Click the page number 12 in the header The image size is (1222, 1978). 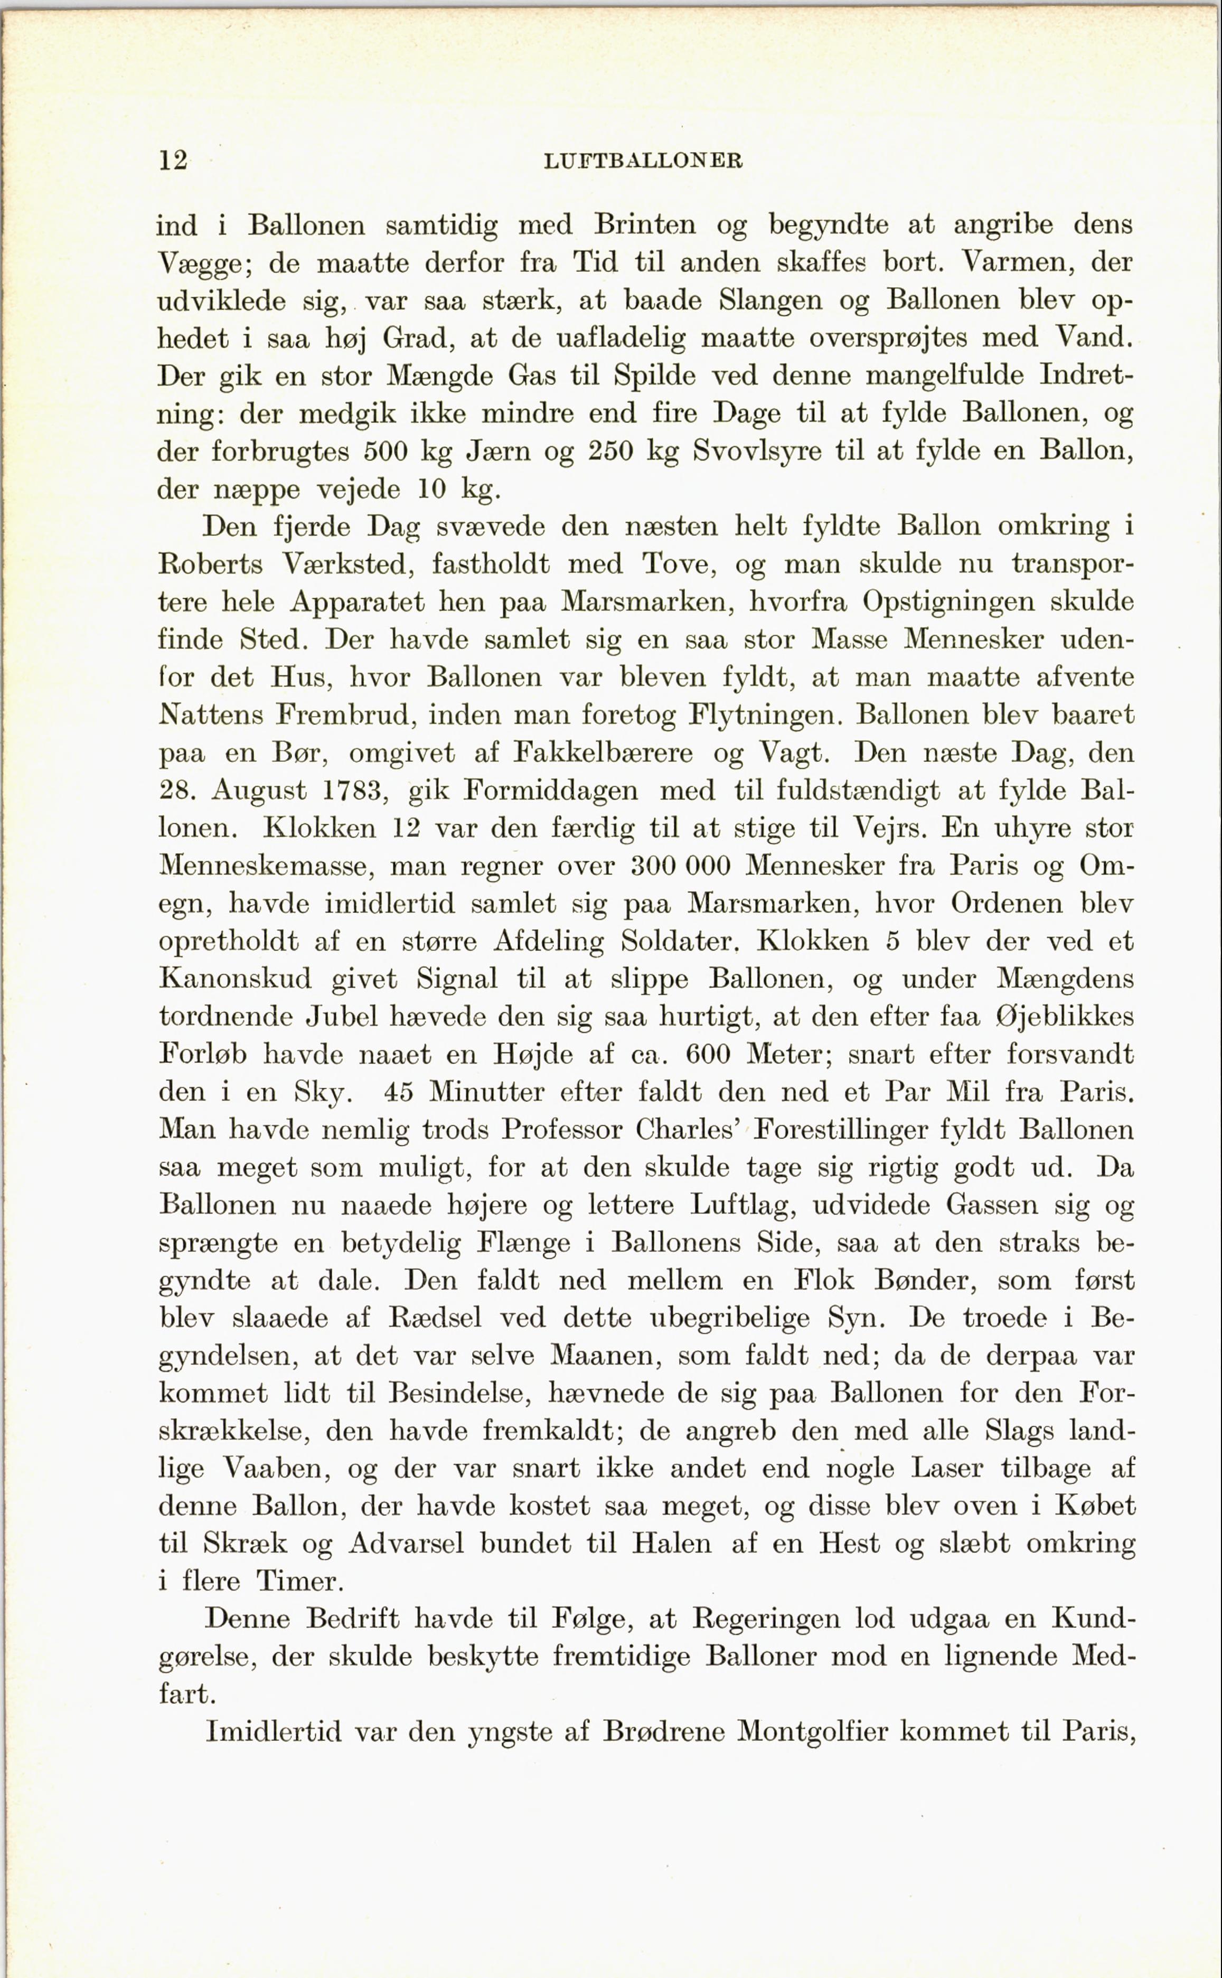[x=173, y=161]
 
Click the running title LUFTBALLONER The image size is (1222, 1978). [x=643, y=161]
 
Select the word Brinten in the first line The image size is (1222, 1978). [x=645, y=224]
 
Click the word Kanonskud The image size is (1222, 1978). [x=235, y=979]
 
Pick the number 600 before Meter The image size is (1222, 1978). [x=709, y=1054]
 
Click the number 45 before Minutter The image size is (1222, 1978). [x=398, y=1092]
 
